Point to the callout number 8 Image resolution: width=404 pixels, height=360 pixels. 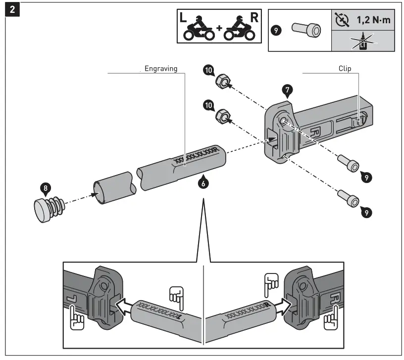[x=45, y=188]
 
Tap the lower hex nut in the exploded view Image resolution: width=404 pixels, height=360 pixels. [x=223, y=117]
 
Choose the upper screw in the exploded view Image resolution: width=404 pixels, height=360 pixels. [x=347, y=163]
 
